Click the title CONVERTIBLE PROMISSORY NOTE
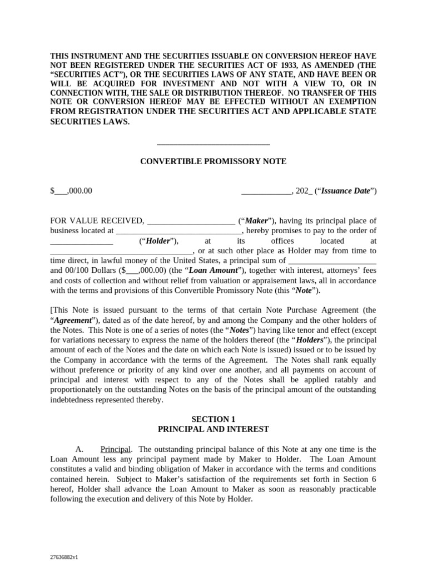coord(213,161)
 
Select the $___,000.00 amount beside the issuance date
coord(71,191)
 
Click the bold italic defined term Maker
coord(256,221)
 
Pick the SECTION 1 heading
coord(213,419)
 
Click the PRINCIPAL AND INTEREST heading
coord(213,429)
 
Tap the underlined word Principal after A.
coord(116,449)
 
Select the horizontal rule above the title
coord(213,144)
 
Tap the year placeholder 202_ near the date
coord(304,191)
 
